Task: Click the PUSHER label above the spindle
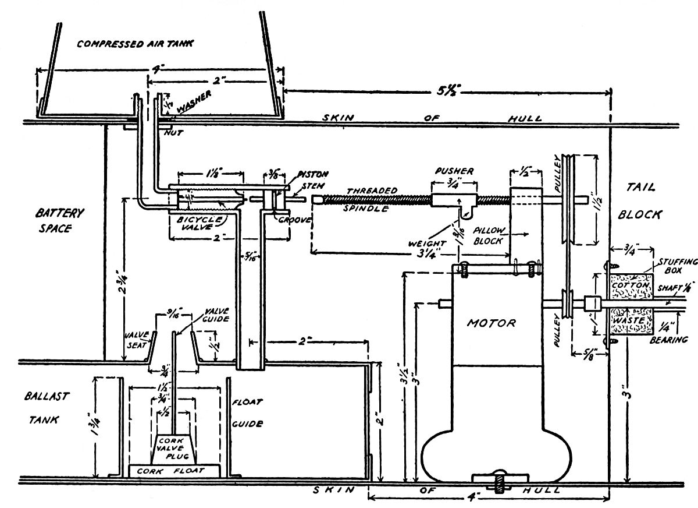point(453,171)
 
